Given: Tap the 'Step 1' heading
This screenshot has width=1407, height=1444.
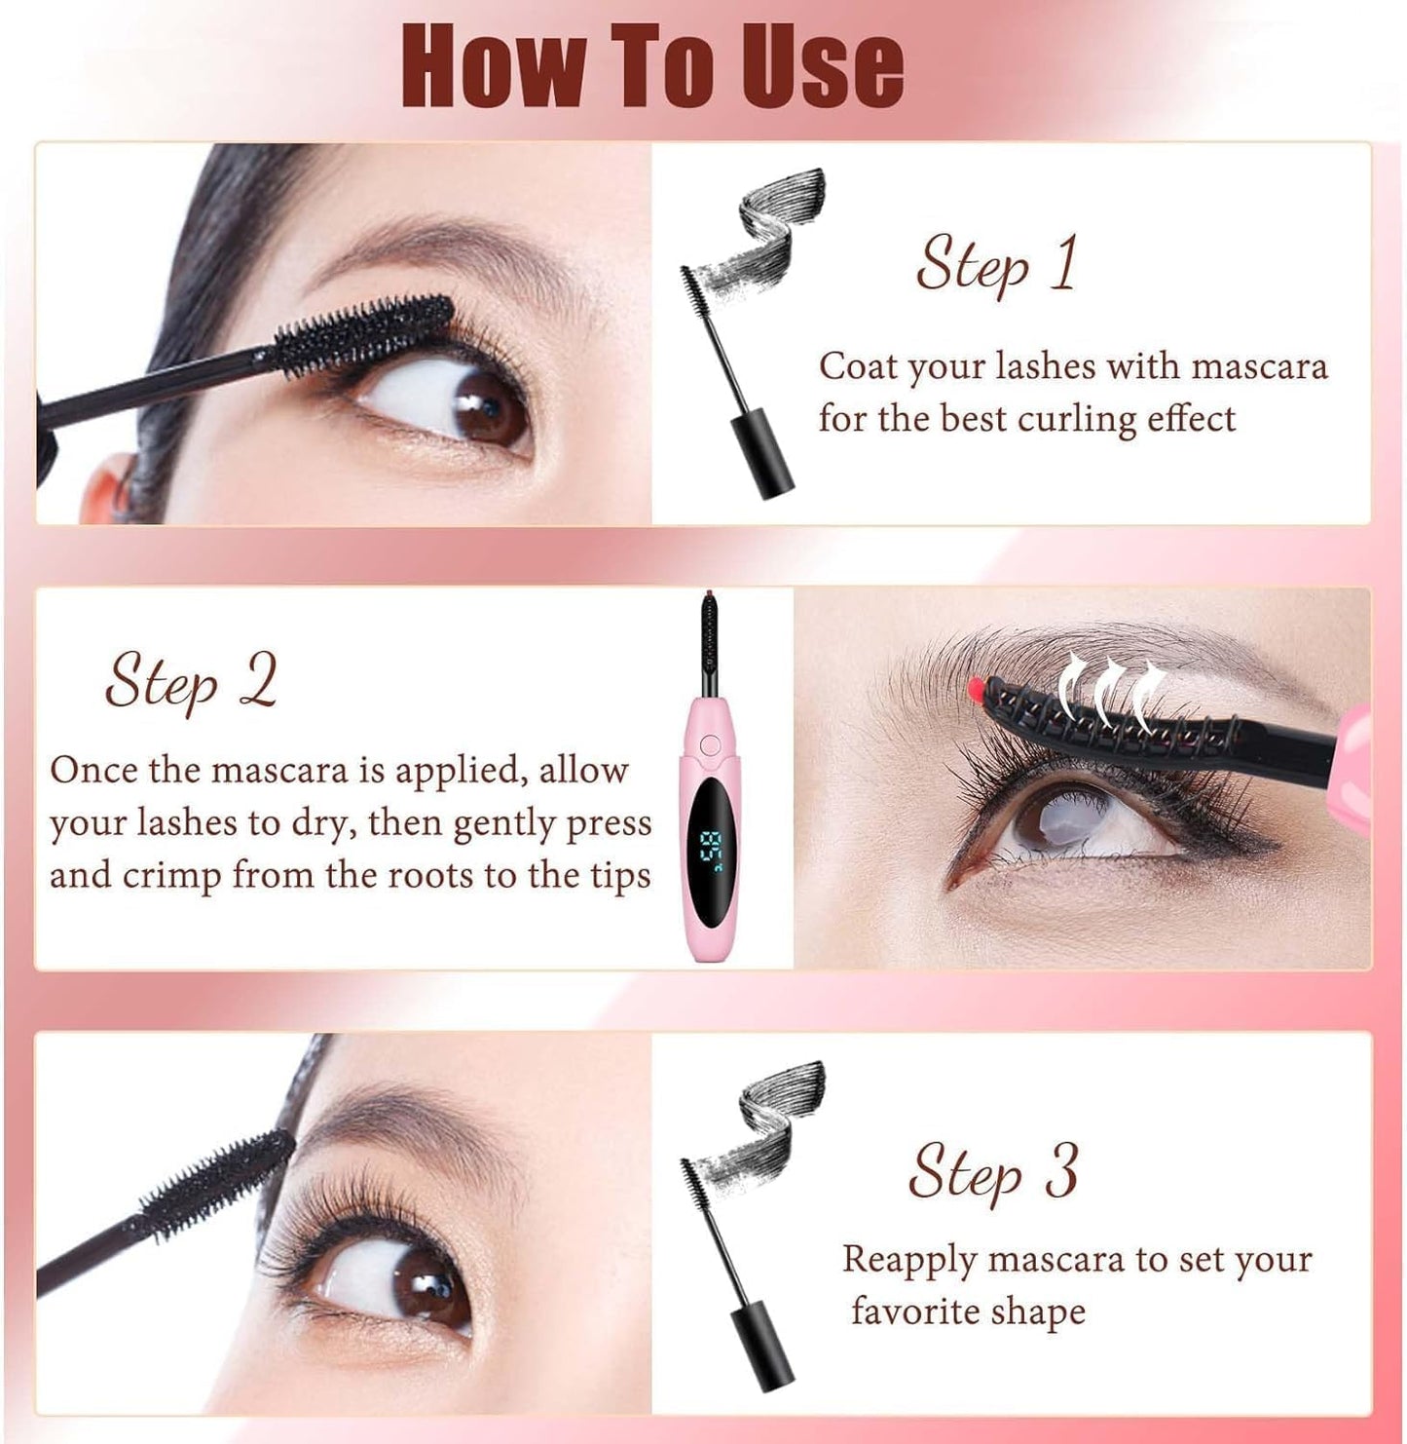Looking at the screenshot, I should pyautogui.click(x=996, y=264).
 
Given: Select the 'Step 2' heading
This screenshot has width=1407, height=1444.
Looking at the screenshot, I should pyautogui.click(x=191, y=681).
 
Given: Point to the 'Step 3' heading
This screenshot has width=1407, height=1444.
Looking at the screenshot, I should pyautogui.click(x=993, y=1172).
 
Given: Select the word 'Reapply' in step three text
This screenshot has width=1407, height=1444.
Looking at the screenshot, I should pyautogui.click(x=909, y=1259).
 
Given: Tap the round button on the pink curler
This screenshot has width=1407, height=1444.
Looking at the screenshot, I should pyautogui.click(x=710, y=744).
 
